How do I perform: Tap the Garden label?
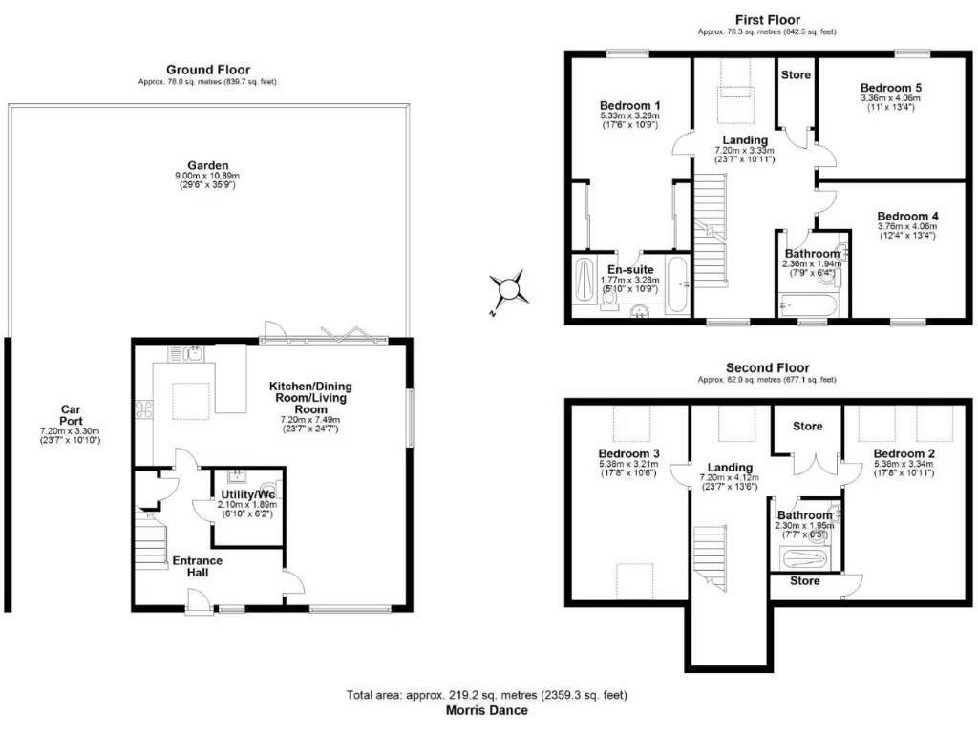[208, 164]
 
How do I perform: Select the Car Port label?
[70, 415]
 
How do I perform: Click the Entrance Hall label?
[198, 566]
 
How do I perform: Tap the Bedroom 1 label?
[629, 105]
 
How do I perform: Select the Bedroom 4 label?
[907, 217]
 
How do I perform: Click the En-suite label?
[629, 270]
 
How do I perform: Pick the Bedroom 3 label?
[629, 452]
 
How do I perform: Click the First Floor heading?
[767, 19]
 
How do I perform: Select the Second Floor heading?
[767, 367]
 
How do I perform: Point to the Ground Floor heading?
[208, 70]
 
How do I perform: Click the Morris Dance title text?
[488, 710]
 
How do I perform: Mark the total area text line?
[488, 696]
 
